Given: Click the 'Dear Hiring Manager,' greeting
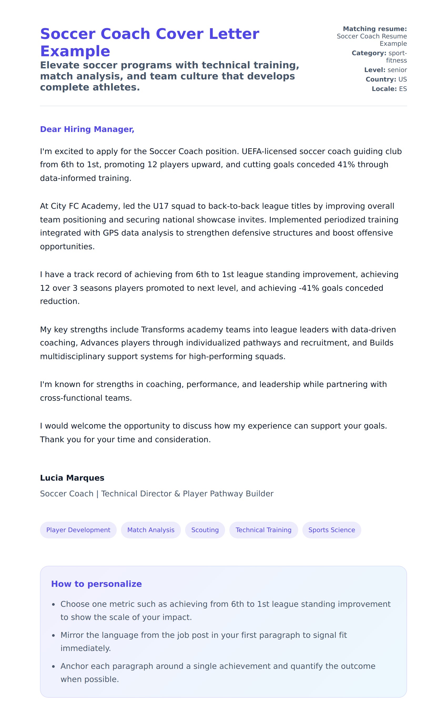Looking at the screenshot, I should [87, 129].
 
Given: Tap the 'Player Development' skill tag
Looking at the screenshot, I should [78, 530].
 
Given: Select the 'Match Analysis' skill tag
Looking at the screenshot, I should [151, 530].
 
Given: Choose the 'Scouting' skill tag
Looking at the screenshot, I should [205, 530].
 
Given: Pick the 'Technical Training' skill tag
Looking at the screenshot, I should [263, 530].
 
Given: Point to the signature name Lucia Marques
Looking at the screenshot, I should [72, 478].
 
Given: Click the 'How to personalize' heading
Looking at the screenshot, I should [96, 584].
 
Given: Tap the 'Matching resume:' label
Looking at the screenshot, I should [375, 29].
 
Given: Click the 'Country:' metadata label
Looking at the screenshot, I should [381, 79].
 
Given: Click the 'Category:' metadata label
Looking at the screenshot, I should [369, 53].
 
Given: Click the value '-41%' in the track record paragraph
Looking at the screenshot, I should [309, 288].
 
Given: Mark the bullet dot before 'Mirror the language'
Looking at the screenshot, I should [54, 635].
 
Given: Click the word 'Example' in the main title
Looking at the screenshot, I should [75, 51].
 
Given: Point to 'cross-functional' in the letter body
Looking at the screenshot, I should [71, 398].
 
